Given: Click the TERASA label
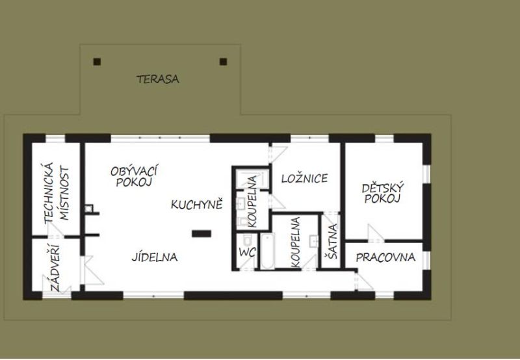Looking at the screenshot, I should (x=157, y=80).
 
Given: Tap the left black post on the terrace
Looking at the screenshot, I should (x=97, y=62).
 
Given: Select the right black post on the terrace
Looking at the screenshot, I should (x=223, y=62).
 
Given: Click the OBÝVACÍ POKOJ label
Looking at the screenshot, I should (x=135, y=176).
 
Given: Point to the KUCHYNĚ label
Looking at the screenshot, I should (x=197, y=205).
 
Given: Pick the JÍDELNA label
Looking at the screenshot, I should (x=155, y=257).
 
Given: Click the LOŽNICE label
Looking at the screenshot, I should (x=304, y=179).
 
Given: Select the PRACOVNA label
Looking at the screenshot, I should (x=385, y=257).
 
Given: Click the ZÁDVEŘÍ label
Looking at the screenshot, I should (x=53, y=268).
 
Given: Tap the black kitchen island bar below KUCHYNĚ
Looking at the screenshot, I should (x=201, y=232).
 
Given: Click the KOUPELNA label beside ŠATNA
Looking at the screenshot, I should (x=296, y=242).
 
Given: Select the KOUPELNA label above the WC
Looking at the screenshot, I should (x=252, y=205).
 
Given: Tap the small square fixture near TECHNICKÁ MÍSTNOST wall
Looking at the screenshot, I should (x=88, y=209).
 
